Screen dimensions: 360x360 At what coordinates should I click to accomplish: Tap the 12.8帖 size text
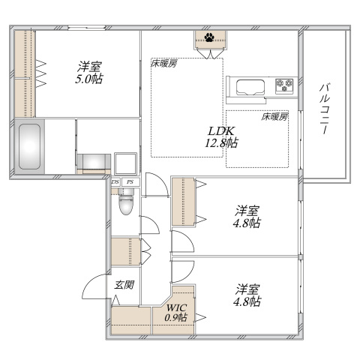click(x=223, y=142)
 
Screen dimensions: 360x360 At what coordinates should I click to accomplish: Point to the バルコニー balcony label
click(x=324, y=109)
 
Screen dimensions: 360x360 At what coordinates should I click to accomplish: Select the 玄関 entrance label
click(x=124, y=285)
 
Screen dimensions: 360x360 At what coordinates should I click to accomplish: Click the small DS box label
click(x=115, y=181)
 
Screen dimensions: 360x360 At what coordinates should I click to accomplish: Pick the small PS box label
click(x=129, y=181)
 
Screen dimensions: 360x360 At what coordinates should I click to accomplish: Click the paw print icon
click(x=208, y=35)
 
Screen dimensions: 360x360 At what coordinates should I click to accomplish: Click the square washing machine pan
click(x=124, y=163)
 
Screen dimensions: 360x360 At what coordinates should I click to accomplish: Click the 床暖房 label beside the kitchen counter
click(x=274, y=117)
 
